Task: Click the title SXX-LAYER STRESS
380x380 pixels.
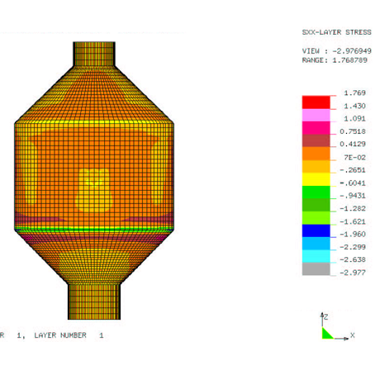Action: coord(336,32)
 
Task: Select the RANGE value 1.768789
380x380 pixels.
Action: coord(349,60)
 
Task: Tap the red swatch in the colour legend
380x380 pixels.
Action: coord(316,102)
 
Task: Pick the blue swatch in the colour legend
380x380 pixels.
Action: coord(316,230)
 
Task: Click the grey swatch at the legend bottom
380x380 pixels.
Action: coord(316,268)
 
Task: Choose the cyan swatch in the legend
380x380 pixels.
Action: coord(316,256)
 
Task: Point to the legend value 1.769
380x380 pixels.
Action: coord(354,93)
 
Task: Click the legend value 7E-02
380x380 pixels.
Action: coord(354,158)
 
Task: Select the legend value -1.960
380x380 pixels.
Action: coord(353,235)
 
